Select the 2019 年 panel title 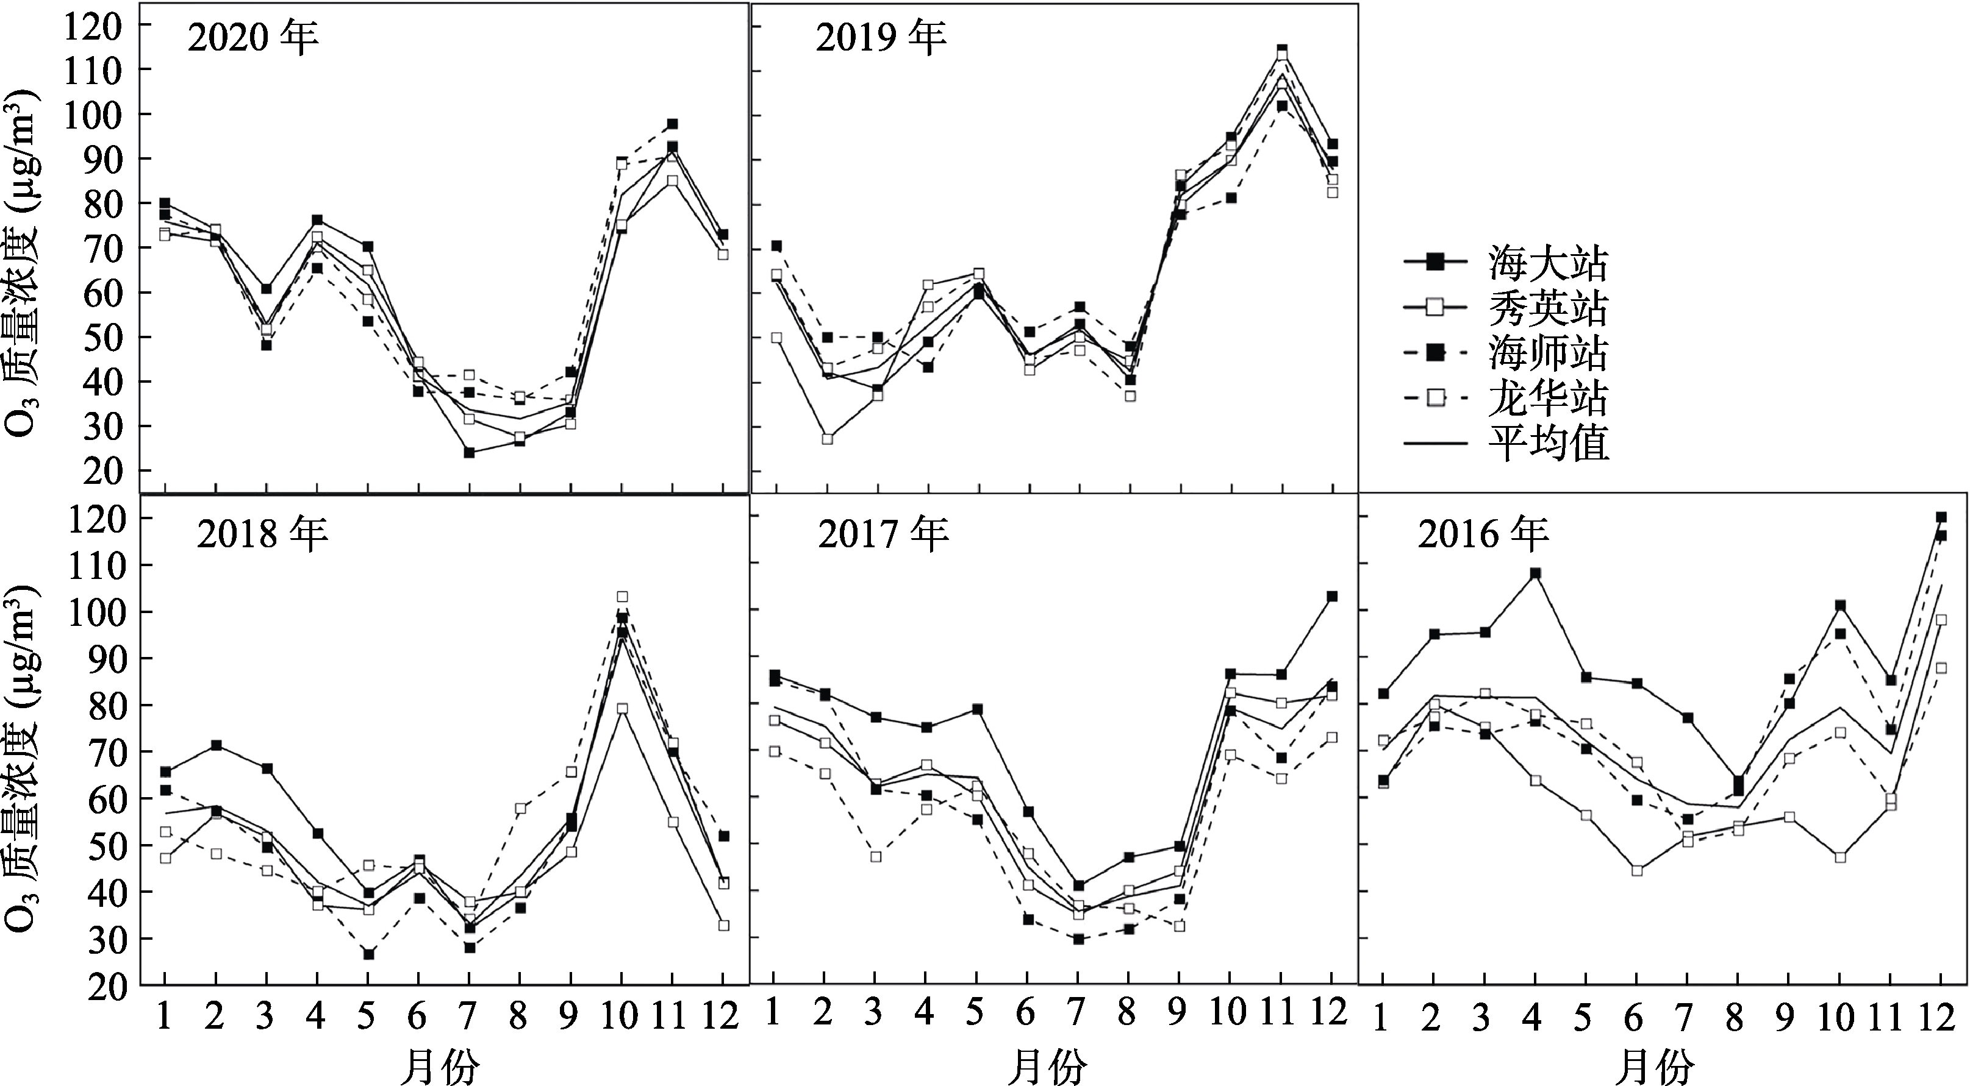881,37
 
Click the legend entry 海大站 1507,263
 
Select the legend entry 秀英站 1507,308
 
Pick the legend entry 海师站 1507,353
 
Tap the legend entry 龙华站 1507,398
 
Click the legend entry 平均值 1507,443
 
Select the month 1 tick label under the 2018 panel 163,1017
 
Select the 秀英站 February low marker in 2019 826,439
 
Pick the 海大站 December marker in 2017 1331,596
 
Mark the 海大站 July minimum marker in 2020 469,452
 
